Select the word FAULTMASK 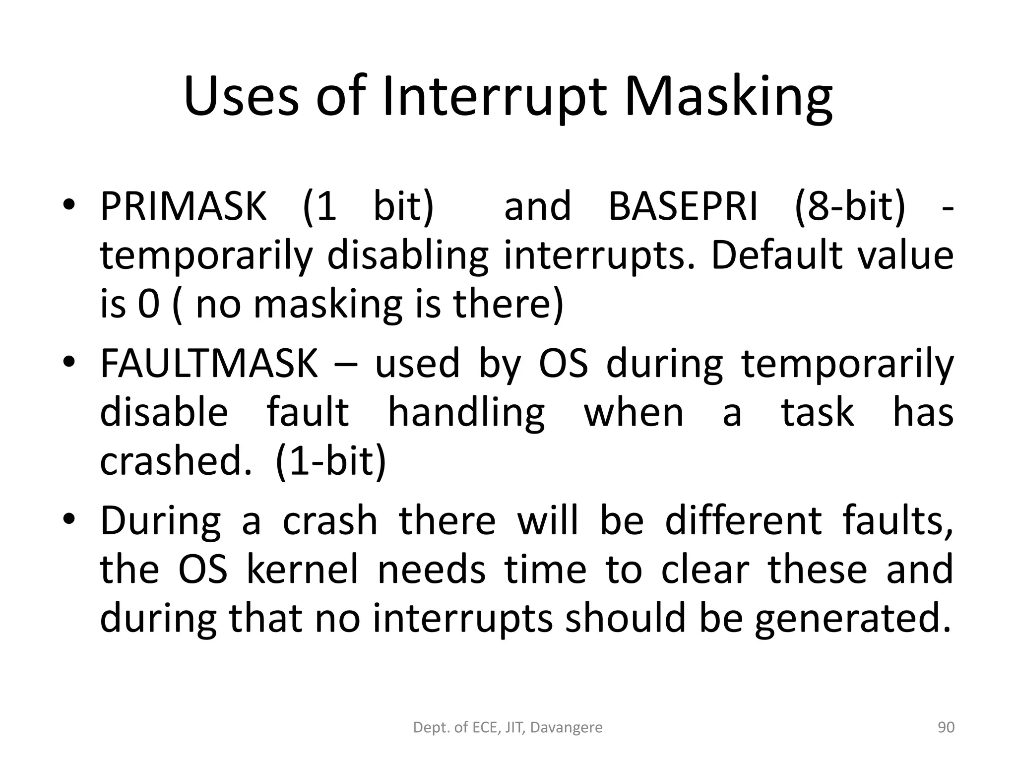click(209, 364)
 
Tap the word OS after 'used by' click(564, 364)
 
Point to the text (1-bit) click(330, 461)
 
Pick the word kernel click(302, 570)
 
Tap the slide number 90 click(946, 728)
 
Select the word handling click(466, 413)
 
